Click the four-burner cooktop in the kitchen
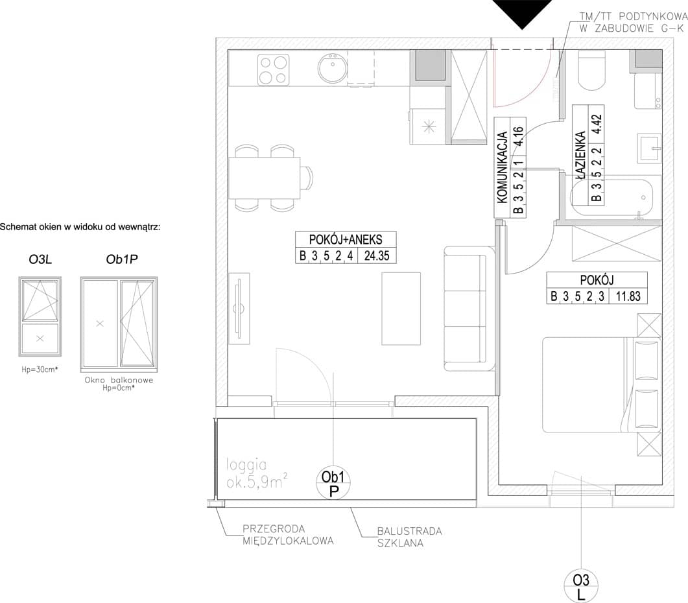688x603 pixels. [x=274, y=69]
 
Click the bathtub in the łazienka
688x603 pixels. [x=611, y=198]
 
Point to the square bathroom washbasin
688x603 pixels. [x=649, y=147]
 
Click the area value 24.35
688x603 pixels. [x=377, y=255]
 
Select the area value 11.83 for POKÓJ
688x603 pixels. [x=628, y=296]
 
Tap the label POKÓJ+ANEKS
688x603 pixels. [x=346, y=240]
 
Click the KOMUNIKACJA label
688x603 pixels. [x=503, y=167]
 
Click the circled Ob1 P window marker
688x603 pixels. [x=333, y=483]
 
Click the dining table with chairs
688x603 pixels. [x=270, y=178]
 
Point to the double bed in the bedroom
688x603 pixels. [x=602, y=384]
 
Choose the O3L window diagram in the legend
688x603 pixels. [x=40, y=316]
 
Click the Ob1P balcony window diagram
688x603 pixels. [x=119, y=324]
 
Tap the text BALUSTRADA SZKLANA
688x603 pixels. [x=409, y=537]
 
